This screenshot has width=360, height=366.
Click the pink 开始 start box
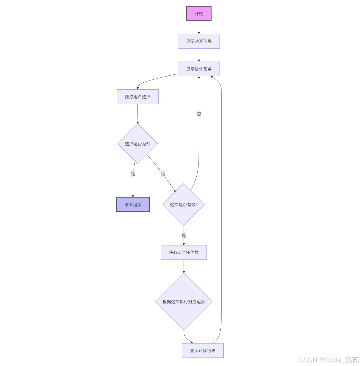199,14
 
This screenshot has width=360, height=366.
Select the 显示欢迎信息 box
199,41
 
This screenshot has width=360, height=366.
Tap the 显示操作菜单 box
199,69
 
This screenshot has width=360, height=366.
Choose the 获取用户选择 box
137,97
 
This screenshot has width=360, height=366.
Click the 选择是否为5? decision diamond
137,144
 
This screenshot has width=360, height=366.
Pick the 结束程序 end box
133,205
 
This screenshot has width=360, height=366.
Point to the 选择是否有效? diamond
184,205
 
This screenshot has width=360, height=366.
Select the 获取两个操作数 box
184,252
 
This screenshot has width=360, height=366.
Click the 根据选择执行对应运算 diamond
184,302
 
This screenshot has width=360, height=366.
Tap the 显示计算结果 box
202,351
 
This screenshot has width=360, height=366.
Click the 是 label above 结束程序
133,174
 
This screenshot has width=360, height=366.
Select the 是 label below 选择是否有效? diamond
184,236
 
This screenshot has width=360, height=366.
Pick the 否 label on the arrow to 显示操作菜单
199,114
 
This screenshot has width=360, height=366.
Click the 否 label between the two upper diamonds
163,174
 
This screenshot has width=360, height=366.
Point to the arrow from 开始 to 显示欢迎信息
199,27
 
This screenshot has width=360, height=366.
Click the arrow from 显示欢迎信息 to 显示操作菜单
199,55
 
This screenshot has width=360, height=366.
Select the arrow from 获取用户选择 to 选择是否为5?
138,113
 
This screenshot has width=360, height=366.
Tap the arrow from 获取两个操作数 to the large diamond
184,266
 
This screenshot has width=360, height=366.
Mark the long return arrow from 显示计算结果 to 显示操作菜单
221,210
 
